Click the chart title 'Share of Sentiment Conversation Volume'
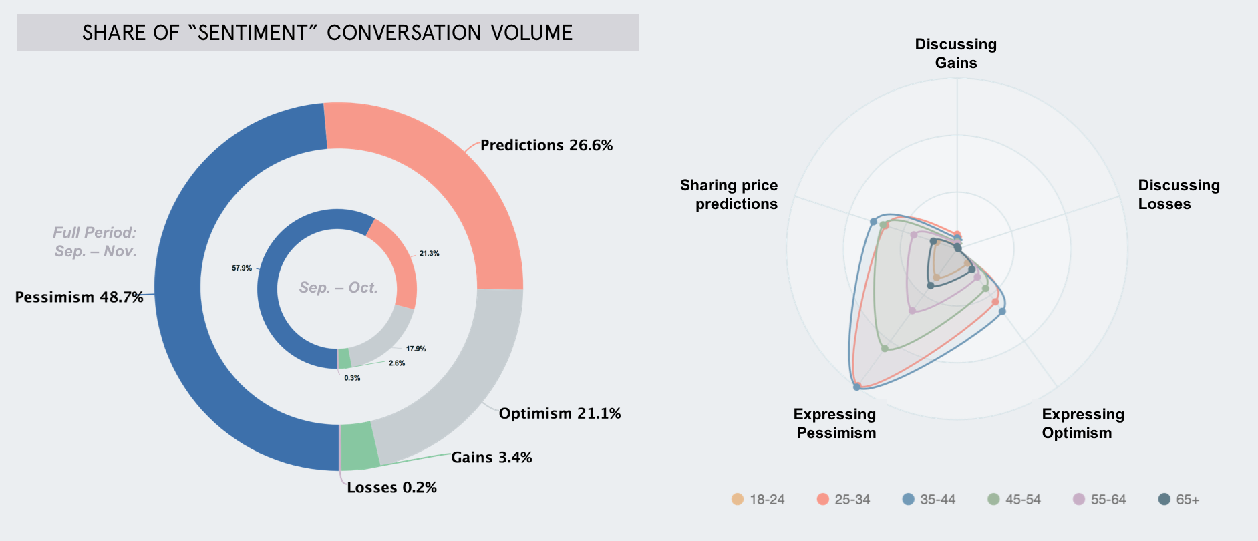[327, 33]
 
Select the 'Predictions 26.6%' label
[546, 145]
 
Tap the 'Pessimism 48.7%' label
[79, 297]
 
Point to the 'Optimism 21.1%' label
[559, 413]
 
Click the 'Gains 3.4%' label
[491, 458]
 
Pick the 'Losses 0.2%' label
[391, 488]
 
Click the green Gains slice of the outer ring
[359, 446]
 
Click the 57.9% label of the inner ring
[242, 268]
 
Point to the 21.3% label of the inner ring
[429, 254]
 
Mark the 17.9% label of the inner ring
[416, 349]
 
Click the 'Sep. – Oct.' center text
[338, 288]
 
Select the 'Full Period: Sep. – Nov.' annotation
[95, 242]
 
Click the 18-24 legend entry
[758, 500]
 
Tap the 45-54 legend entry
[1014, 500]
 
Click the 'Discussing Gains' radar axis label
[955, 53]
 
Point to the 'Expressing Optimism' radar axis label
[1082, 423]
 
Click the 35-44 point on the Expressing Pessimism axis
[856, 387]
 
